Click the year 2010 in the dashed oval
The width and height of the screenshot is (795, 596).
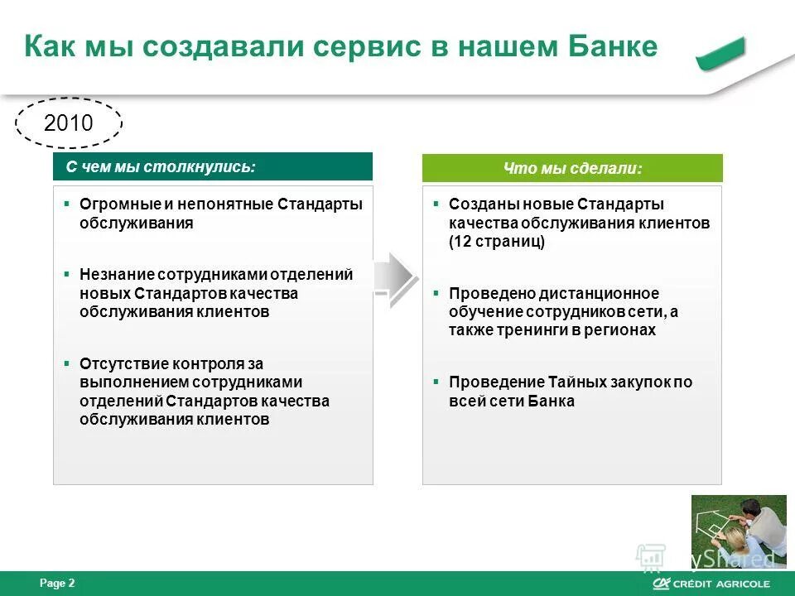click(x=69, y=123)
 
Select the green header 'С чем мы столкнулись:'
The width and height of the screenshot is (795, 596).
click(x=213, y=166)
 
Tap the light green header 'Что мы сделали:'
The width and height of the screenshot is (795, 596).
click(x=572, y=168)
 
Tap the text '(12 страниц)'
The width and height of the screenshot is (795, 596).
click(x=497, y=242)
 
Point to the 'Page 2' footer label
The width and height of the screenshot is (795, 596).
click(x=57, y=584)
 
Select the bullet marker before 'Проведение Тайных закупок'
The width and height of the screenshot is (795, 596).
click(x=436, y=382)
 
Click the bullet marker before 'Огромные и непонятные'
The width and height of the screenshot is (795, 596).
click(x=67, y=203)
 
